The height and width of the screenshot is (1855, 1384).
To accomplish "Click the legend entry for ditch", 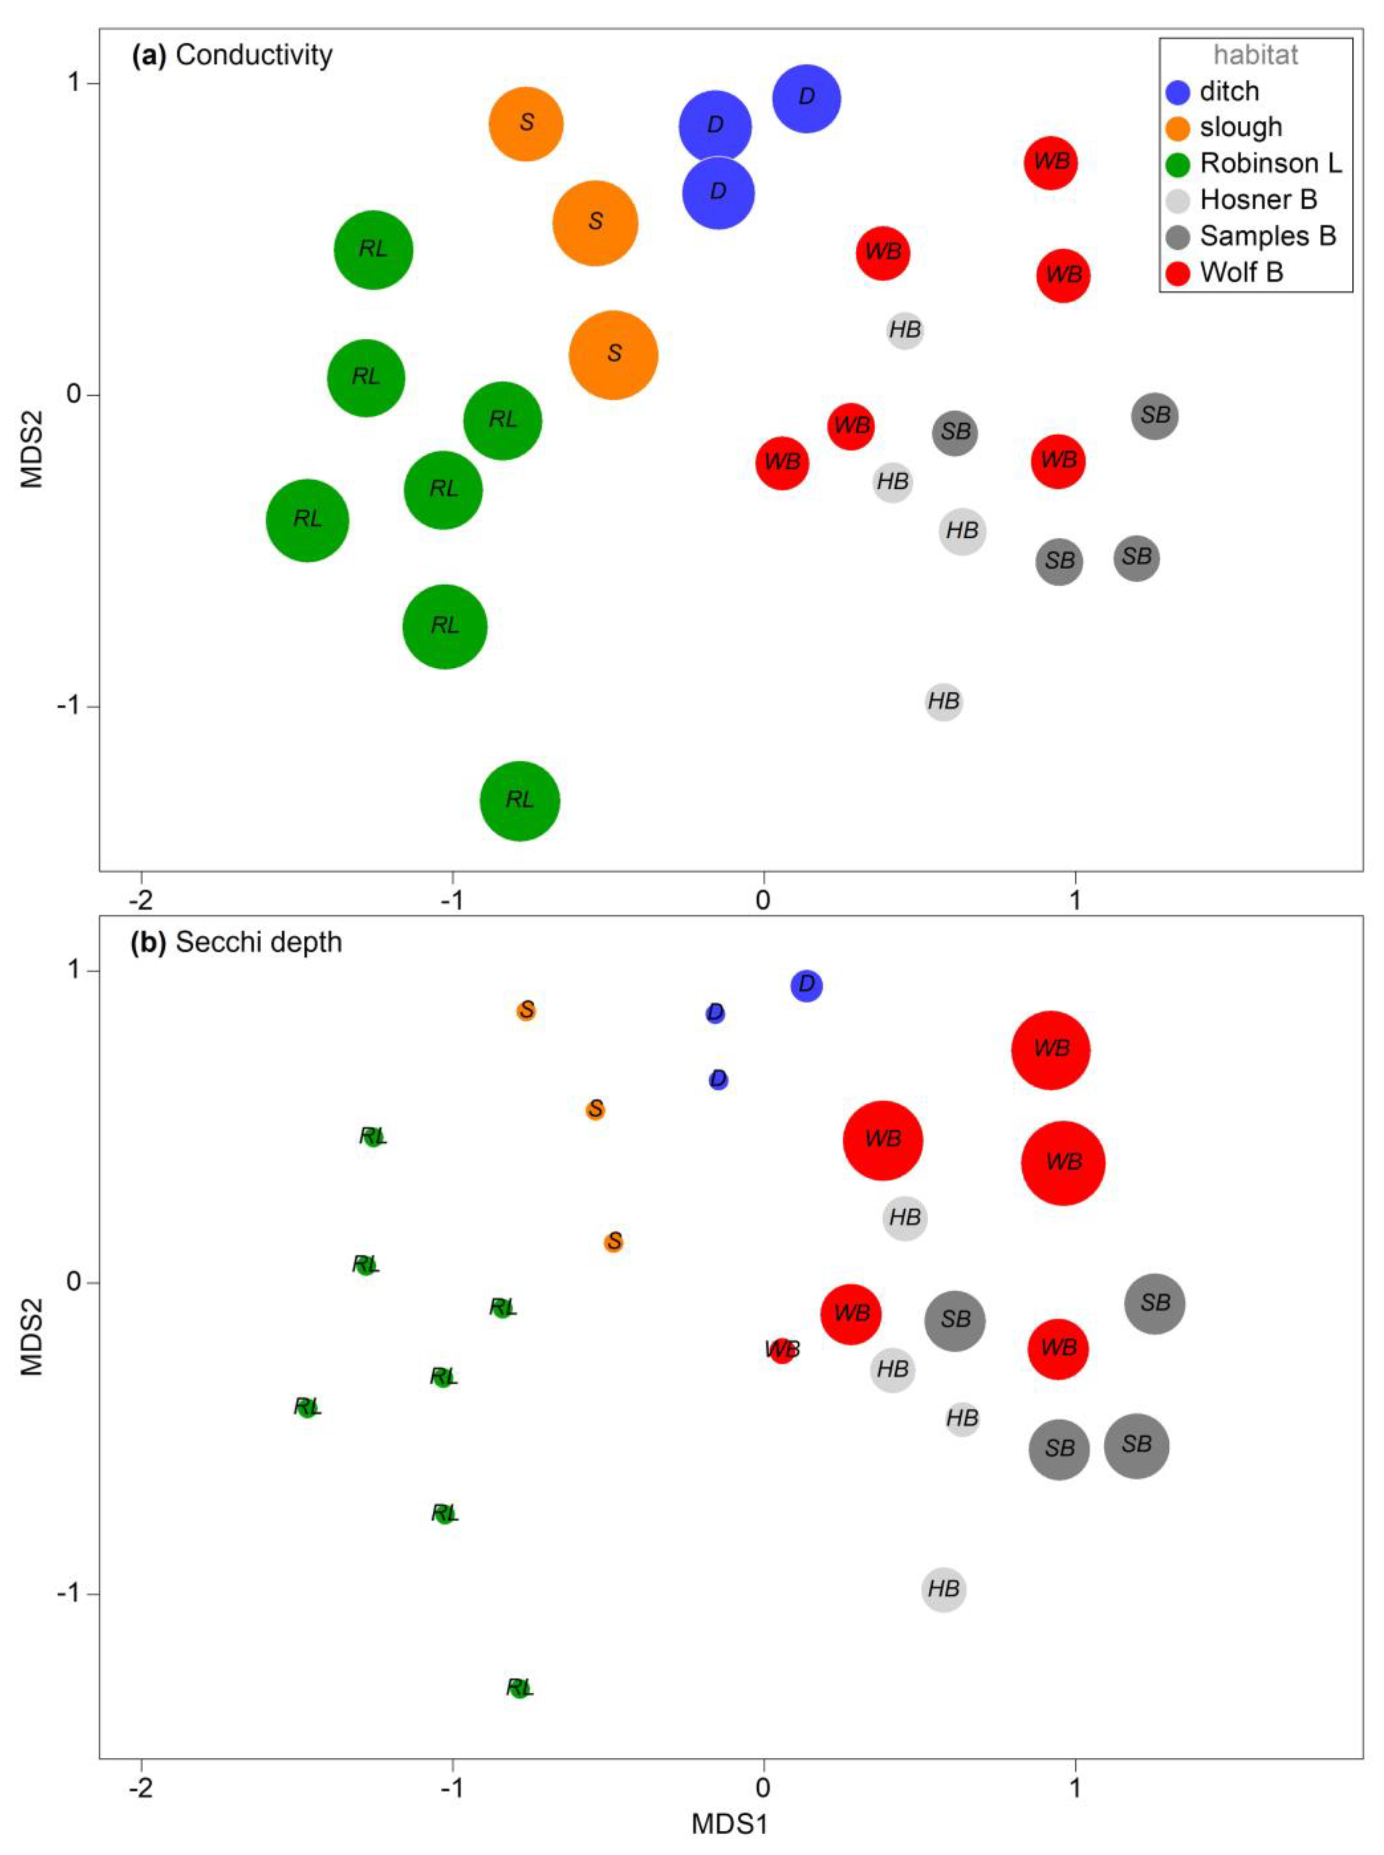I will pos(1228,92).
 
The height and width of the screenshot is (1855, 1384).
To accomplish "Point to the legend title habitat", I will pos(1255,55).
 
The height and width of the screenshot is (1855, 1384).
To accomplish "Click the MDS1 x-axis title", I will pos(729,1824).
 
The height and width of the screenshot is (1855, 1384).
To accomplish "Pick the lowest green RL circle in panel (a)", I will pos(519,800).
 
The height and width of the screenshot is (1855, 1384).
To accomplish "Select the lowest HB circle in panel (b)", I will pos(943,1588).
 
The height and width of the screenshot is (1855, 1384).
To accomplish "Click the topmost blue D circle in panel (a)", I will pos(806,98).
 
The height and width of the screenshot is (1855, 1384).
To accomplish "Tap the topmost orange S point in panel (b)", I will pos(526,1010).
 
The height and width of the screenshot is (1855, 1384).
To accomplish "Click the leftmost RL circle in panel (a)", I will pos(308,520).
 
